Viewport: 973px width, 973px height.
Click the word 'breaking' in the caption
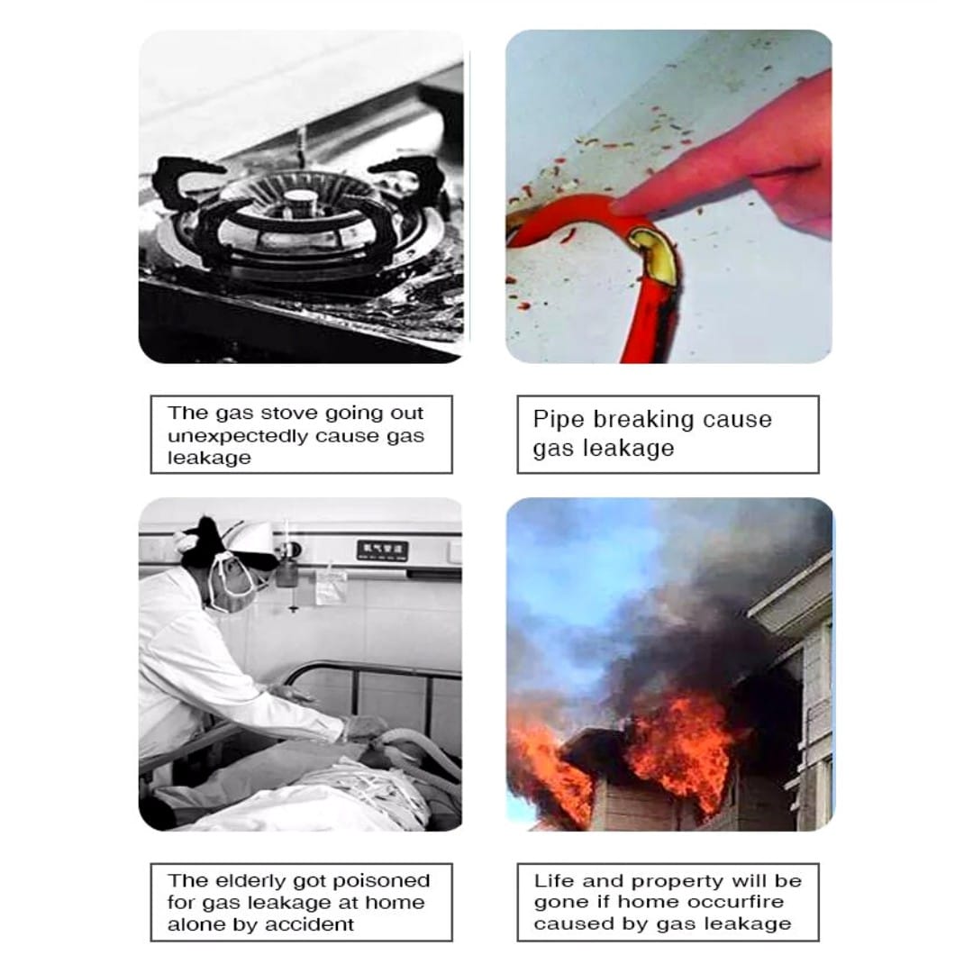[x=637, y=420]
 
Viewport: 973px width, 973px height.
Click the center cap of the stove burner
[x=302, y=199]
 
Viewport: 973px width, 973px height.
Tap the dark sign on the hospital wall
[x=382, y=550]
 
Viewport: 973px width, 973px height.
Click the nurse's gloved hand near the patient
[x=365, y=727]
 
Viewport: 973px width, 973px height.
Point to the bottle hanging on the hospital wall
[x=286, y=571]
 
